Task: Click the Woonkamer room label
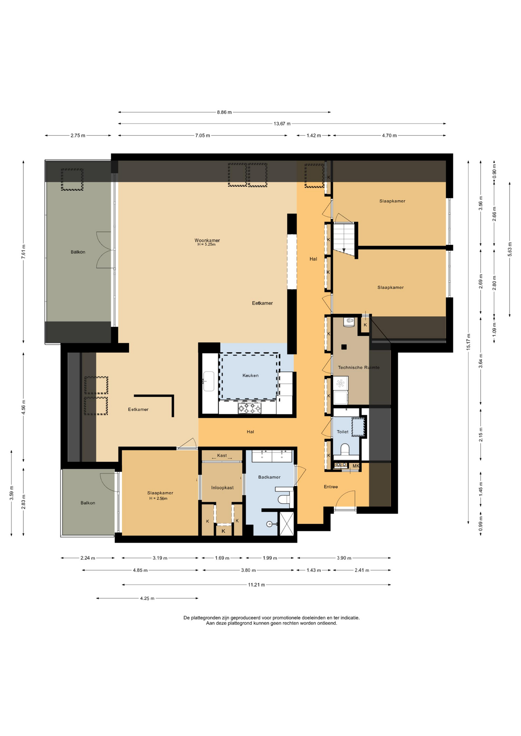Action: point(207,240)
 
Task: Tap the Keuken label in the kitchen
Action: point(251,375)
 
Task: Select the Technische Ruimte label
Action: point(359,367)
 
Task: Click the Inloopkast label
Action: point(223,488)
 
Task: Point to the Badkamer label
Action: point(269,477)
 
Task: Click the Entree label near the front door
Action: point(331,487)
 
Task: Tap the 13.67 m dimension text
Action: point(282,124)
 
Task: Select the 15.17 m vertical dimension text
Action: point(468,342)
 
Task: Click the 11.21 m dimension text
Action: point(256,585)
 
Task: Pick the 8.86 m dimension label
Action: point(224,112)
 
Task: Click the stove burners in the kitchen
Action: point(249,408)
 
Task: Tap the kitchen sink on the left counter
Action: point(209,381)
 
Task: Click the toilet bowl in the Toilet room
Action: point(345,449)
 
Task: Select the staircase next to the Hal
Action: point(344,238)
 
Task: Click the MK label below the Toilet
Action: point(356,466)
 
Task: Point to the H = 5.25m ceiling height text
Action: point(207,245)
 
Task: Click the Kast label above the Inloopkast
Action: point(222,455)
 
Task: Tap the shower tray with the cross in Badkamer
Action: point(287,524)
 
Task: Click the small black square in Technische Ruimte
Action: point(344,347)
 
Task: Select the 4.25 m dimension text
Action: point(147,598)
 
